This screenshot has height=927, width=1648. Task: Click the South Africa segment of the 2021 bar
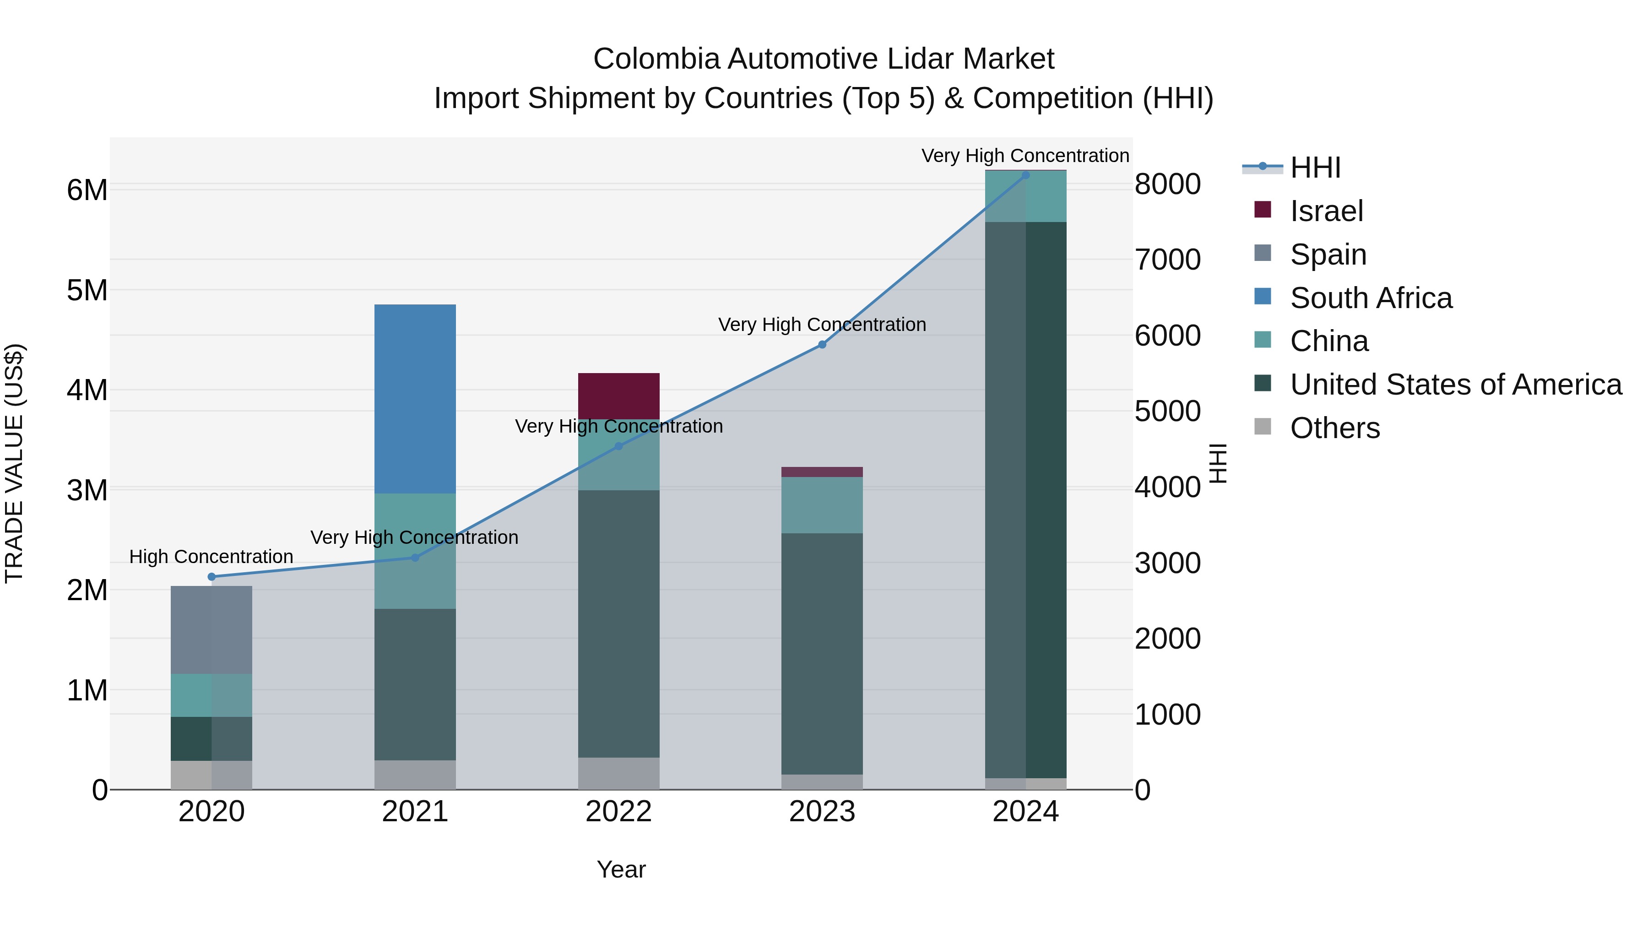415,399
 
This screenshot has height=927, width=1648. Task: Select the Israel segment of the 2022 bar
618,396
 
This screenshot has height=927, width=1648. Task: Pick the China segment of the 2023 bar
822,505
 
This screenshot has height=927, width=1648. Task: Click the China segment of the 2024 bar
1025,196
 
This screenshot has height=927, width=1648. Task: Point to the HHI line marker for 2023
822,345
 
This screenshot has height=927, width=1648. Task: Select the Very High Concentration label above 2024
1025,156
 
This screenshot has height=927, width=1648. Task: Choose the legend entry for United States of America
1455,385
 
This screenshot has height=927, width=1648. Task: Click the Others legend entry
1334,428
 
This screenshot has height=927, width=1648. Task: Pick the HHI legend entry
1315,168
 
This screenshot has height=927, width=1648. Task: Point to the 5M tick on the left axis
87,290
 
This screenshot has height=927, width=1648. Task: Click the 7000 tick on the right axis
1167,260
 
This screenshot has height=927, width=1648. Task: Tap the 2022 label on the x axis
618,812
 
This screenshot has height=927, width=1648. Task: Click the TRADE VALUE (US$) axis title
14,463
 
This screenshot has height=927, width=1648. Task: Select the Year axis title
621,869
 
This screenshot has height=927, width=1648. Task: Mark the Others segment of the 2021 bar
415,774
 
